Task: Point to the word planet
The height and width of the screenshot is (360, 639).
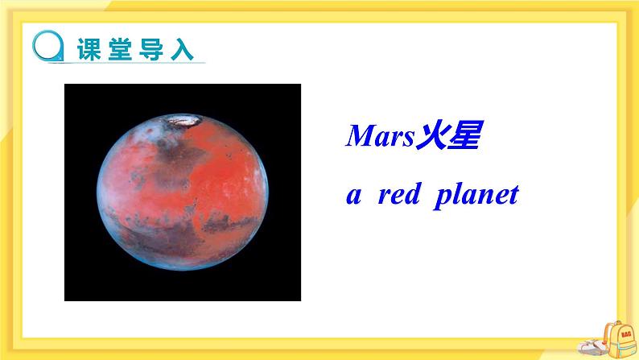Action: (x=476, y=197)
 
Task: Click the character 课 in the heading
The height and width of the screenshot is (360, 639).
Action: (x=88, y=48)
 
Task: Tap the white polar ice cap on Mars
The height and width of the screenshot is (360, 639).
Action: (x=183, y=122)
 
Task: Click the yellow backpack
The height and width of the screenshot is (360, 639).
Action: (x=620, y=339)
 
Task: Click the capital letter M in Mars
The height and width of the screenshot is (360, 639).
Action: (x=359, y=136)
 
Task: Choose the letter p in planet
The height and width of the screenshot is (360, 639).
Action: (x=440, y=198)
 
